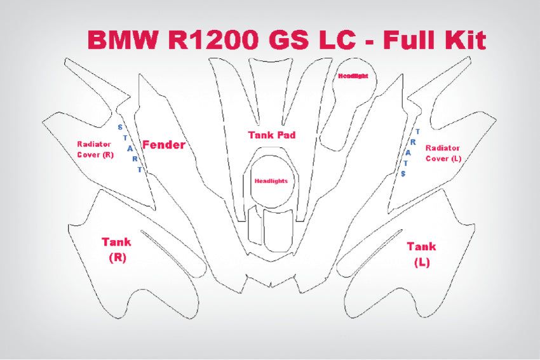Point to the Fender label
pos(163,145)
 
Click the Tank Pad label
pos(271,135)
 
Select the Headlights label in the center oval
pos(271,181)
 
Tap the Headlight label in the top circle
pos(353,76)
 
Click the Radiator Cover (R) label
pos(95,149)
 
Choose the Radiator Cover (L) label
pos(443,152)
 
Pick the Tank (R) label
pos(116,249)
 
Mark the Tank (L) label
pos(421,253)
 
